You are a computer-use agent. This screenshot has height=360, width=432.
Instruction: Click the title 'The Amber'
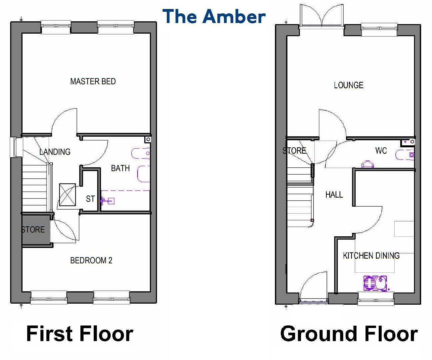coord(214,16)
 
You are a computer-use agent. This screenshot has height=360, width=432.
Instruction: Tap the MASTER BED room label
coord(93,81)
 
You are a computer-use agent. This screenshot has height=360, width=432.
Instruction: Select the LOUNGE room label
coord(348,85)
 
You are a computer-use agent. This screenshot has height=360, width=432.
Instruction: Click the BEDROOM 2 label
coord(91,260)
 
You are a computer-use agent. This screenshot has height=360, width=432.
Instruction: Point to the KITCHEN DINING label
coord(371,256)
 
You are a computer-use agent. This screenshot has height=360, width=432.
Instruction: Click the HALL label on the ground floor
coord(334,194)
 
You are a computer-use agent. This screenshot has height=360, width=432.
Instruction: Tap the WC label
coord(381,151)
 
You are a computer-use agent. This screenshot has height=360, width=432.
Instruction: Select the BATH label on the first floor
coord(120,168)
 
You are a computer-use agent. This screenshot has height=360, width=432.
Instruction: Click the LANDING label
coord(55,152)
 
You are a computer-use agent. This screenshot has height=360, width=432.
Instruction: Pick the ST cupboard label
coord(90,199)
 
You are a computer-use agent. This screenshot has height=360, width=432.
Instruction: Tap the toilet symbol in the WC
coord(367,164)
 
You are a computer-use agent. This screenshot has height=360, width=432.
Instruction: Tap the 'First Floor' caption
coord(80,334)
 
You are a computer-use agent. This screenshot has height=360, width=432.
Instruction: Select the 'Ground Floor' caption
coord(349,334)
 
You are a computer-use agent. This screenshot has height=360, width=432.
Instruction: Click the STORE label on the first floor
coord(33,230)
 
